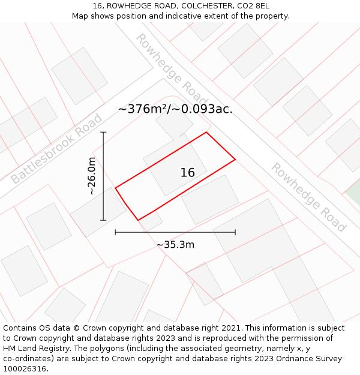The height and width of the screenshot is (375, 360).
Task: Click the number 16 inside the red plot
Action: [188, 173]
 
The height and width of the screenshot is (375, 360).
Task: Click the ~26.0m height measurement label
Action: [91, 176]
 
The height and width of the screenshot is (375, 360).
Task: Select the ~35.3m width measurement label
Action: [175, 245]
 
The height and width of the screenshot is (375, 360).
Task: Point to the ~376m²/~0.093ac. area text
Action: [175, 109]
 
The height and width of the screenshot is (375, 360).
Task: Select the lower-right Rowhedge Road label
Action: [308, 197]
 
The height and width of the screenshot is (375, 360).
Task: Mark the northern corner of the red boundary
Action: [206, 133]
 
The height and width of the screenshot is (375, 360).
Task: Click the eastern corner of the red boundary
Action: [235, 159]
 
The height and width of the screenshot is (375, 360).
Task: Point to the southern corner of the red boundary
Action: [138, 220]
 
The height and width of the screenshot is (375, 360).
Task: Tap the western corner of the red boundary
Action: [115, 188]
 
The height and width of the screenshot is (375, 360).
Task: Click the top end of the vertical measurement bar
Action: [103, 132]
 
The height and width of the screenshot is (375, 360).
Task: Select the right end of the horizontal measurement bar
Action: [235, 232]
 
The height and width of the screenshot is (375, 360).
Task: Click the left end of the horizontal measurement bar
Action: [115, 232]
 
